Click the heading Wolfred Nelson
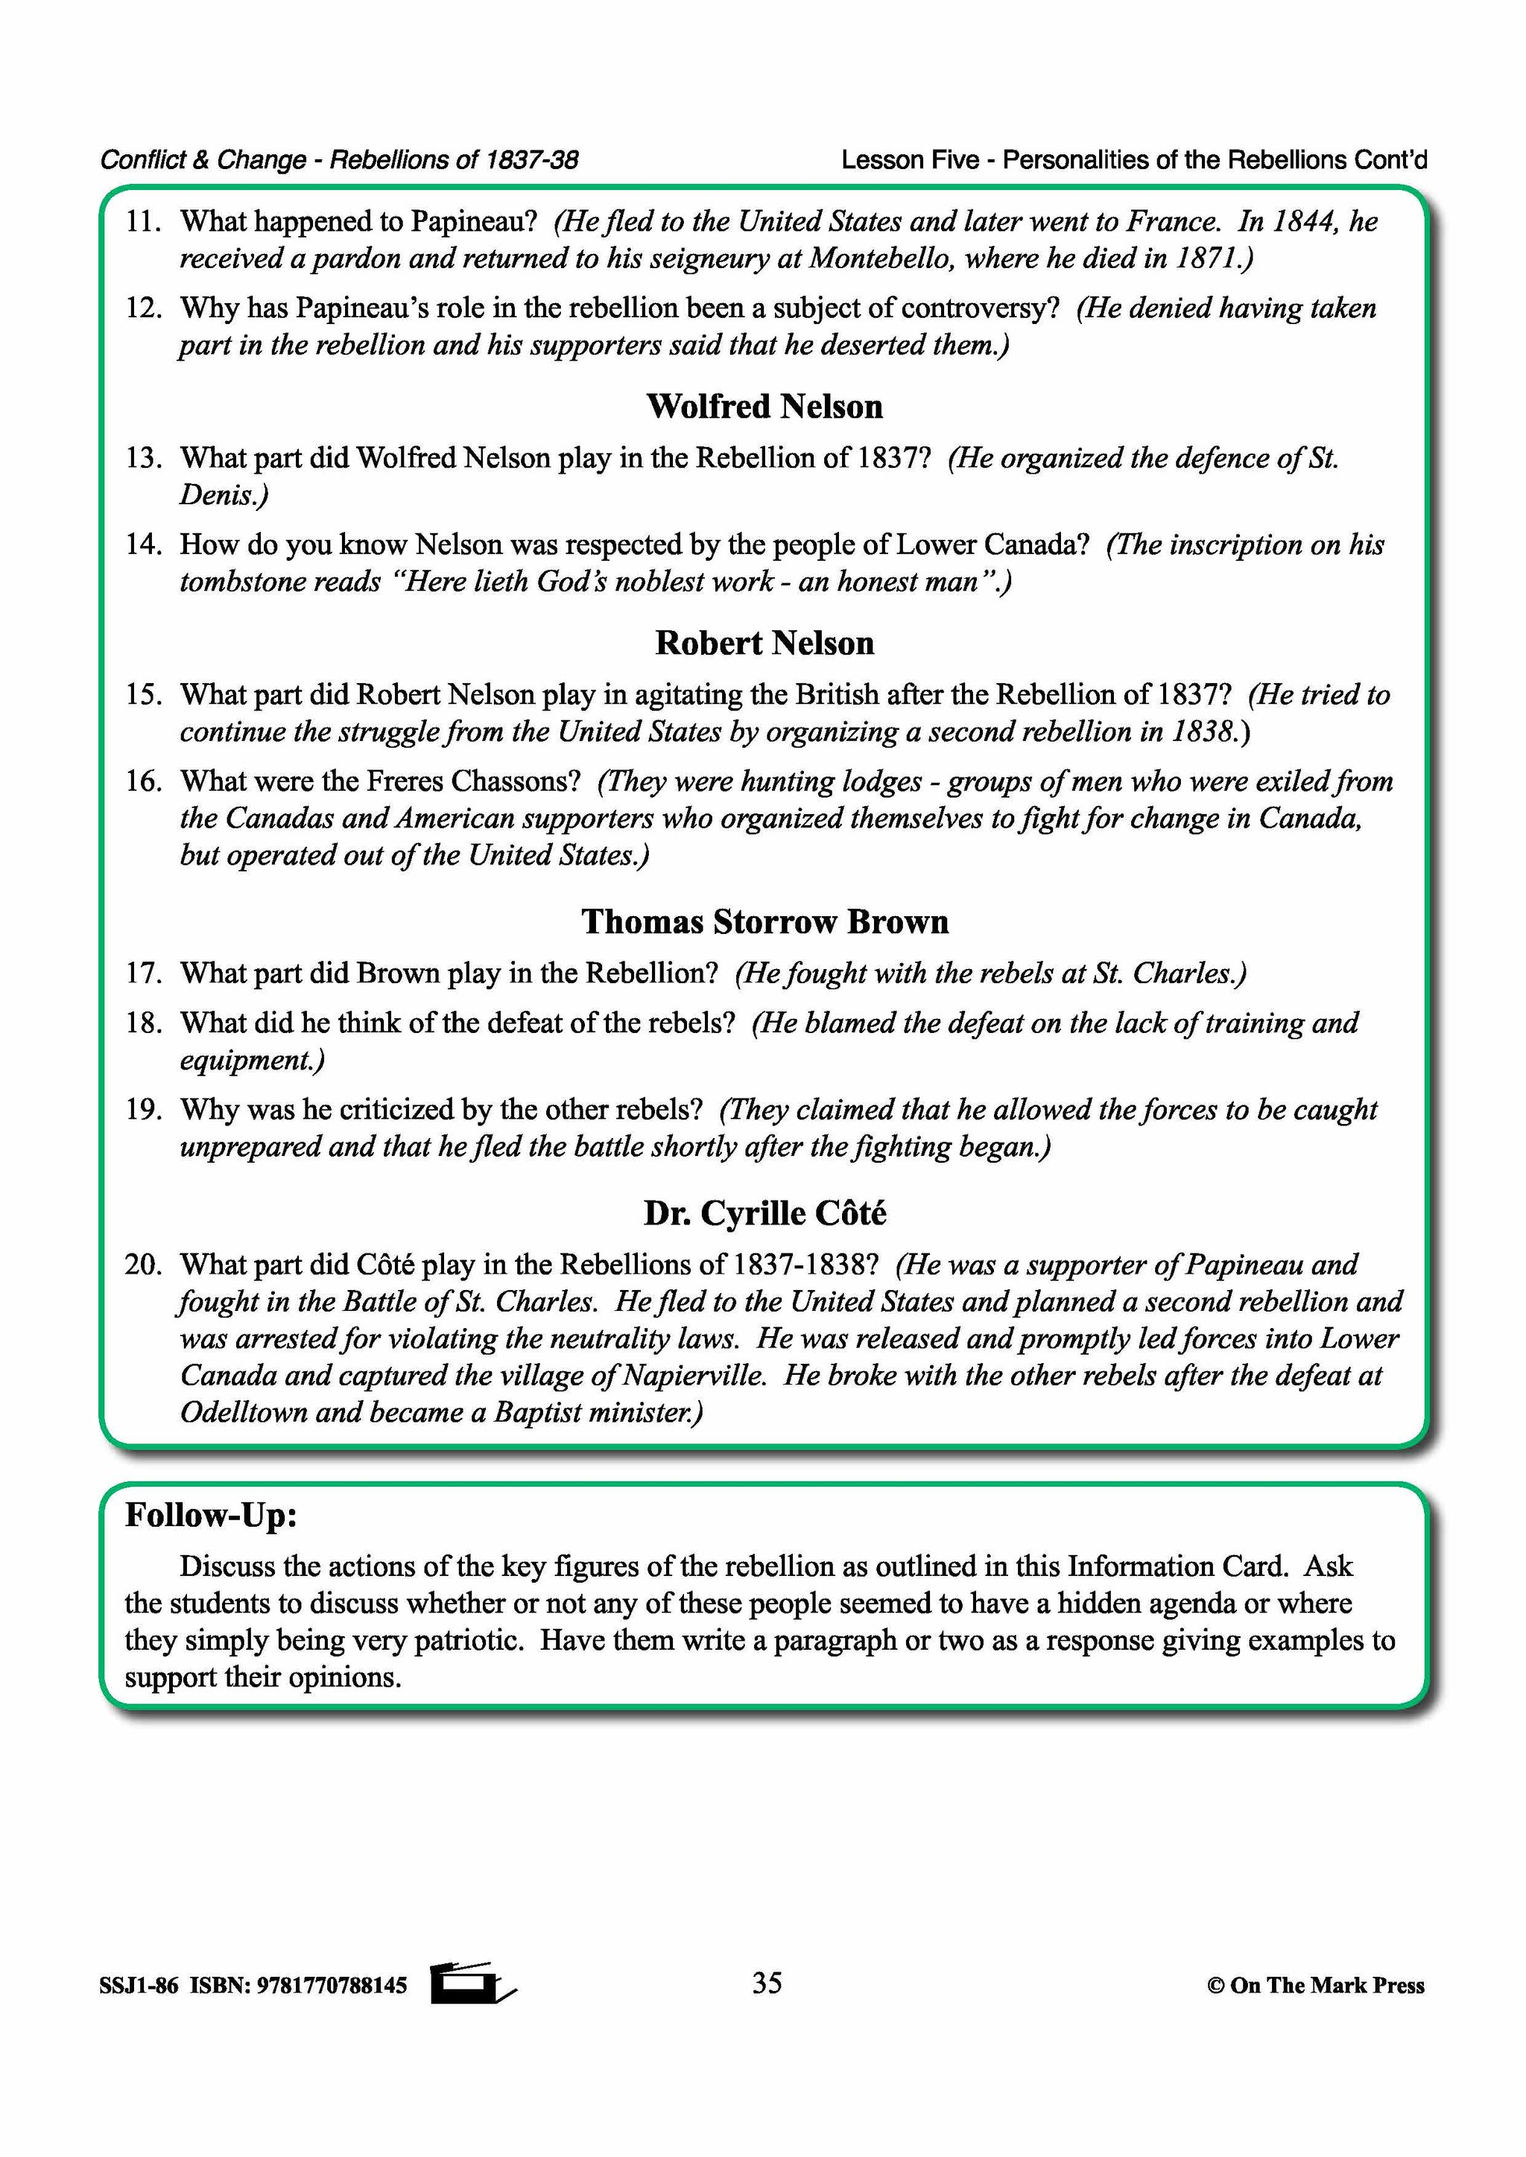pyautogui.click(x=764, y=407)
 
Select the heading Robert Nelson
pyautogui.click(x=764, y=644)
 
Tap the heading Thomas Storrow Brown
pyautogui.click(x=764, y=921)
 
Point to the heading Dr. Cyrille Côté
pyautogui.click(x=764, y=1214)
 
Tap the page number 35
pyautogui.click(x=767, y=1983)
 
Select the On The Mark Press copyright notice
pyautogui.click(x=1316, y=1986)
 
